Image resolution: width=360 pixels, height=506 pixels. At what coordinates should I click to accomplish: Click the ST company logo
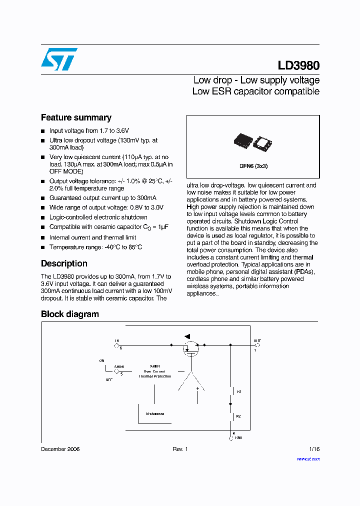click(59, 59)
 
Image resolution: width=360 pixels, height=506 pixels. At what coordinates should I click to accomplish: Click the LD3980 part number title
click(298, 66)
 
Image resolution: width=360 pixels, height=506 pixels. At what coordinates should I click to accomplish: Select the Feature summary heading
click(76, 118)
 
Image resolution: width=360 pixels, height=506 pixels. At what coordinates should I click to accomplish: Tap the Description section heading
click(64, 263)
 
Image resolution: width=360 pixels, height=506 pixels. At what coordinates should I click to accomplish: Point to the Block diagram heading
click(69, 314)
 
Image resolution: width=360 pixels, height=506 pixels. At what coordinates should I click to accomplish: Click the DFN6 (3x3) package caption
click(253, 166)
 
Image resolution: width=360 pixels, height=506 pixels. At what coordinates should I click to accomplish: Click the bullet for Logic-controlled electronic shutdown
click(43, 217)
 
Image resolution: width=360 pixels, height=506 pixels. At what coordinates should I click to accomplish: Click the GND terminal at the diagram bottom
click(231, 437)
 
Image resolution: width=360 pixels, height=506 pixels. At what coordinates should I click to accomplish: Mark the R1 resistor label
click(239, 392)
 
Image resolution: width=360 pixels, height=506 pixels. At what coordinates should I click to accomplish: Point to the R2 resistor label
click(239, 415)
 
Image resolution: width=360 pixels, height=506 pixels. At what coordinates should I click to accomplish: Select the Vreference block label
click(155, 413)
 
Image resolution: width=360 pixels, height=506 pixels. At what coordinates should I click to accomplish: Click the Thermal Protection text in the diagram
click(155, 376)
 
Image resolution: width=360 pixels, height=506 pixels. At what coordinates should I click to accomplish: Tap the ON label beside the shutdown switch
click(102, 360)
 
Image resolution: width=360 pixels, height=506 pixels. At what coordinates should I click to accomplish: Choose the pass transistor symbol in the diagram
click(190, 348)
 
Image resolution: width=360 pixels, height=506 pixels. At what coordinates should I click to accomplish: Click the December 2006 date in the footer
click(60, 449)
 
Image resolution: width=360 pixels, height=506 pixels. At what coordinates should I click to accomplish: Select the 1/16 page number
click(314, 449)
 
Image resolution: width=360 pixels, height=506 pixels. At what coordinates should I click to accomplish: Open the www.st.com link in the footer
click(308, 458)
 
